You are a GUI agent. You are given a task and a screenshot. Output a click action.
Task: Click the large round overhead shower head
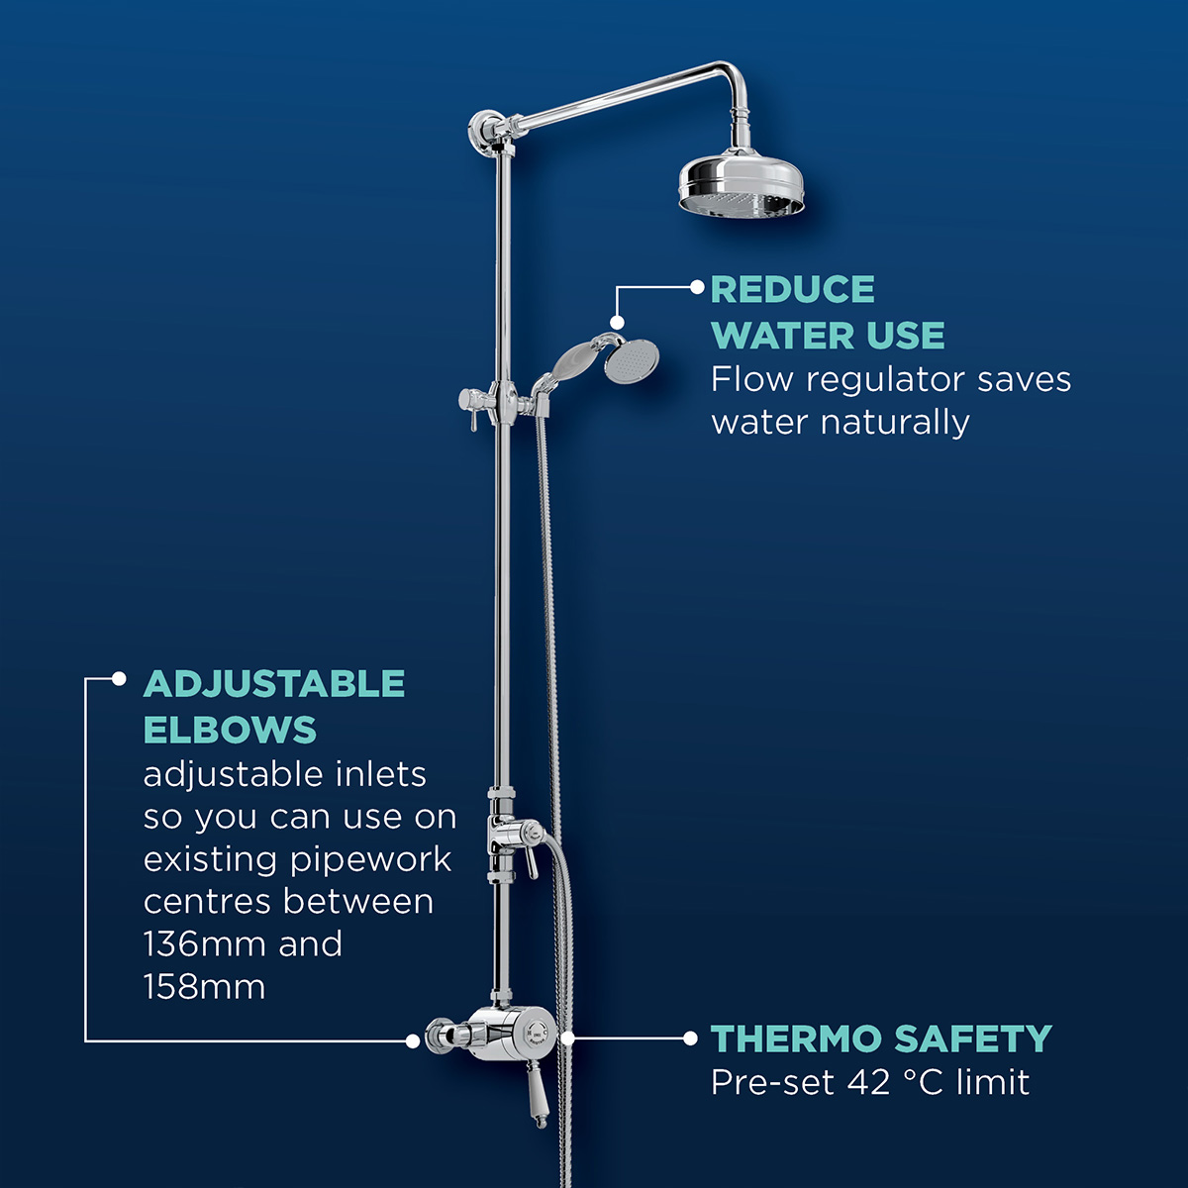tap(742, 183)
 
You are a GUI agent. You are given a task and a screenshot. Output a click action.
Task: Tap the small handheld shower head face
tap(631, 362)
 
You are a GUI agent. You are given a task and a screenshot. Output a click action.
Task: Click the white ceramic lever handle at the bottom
tap(537, 1096)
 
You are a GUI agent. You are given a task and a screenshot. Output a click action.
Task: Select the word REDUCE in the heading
tap(793, 290)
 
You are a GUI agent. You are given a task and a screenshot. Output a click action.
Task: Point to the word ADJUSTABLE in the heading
tap(274, 684)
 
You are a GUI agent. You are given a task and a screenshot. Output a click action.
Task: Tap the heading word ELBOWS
tap(230, 731)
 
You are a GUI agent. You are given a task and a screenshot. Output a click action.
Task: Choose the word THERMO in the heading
tap(796, 1039)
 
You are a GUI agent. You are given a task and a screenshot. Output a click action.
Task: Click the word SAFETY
tap(973, 1039)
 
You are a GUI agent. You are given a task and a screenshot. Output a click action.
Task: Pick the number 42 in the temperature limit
tap(869, 1083)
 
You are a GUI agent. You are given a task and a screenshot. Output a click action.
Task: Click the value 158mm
tap(204, 988)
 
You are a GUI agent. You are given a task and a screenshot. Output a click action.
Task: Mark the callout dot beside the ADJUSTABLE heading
tap(119, 679)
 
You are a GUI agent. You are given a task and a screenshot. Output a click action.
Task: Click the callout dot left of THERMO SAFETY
tap(691, 1038)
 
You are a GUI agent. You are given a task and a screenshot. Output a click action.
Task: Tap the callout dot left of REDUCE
tap(697, 287)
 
